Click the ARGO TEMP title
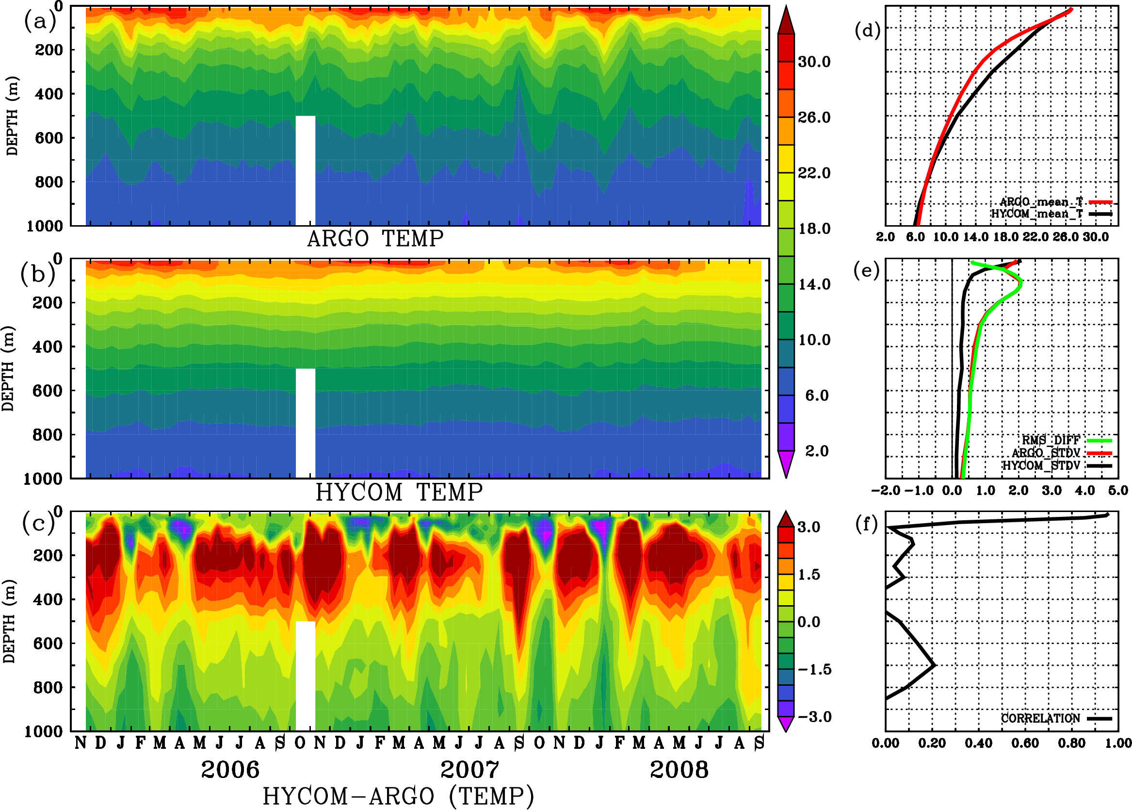tap(375, 239)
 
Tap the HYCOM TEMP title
tap(399, 492)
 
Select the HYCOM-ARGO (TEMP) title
tap(398, 795)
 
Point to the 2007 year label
tap(469, 770)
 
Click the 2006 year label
tap(230, 770)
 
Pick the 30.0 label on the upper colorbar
tap(814, 62)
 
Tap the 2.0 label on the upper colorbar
tap(817, 451)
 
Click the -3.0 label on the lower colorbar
tap(814, 717)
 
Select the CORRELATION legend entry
tap(1040, 718)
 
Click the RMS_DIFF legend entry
tap(1051, 440)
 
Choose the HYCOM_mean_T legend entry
tap(1037, 214)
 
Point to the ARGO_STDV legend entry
tap(1046, 453)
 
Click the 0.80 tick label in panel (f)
tap(1072, 743)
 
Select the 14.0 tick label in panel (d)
tap(975, 237)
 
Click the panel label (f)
tap(866, 524)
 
